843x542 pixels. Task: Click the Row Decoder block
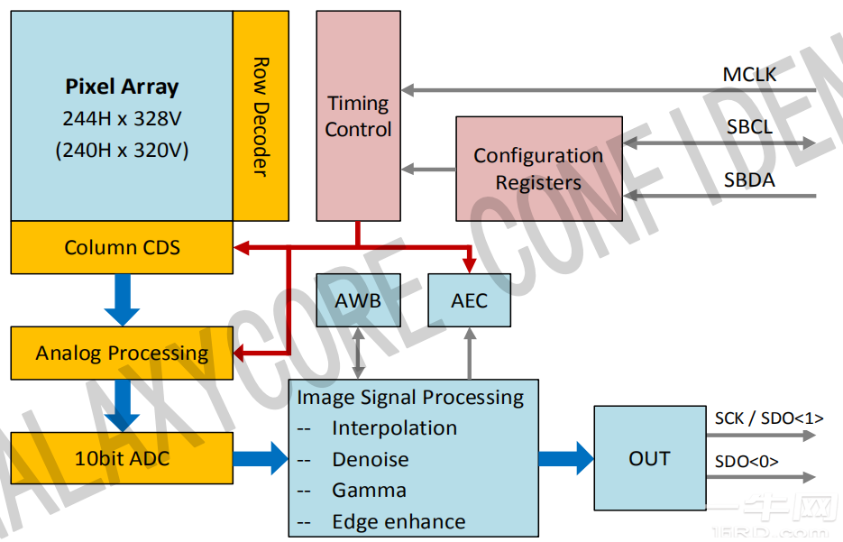click(261, 115)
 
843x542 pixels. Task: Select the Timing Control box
click(358, 115)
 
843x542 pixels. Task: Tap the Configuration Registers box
click(538, 169)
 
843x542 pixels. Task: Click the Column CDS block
click(122, 247)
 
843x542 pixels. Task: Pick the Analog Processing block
click(122, 353)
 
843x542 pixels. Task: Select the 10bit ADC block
click(122, 458)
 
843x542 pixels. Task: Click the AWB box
click(358, 300)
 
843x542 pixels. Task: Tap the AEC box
click(469, 300)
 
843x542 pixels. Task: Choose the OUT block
click(649, 458)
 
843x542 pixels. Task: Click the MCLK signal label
click(749, 74)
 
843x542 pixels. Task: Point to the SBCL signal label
click(749, 127)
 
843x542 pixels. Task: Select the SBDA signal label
click(749, 180)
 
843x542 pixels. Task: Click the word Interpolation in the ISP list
click(394, 428)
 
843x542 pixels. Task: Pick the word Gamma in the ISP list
click(369, 491)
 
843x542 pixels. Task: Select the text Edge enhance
click(399, 522)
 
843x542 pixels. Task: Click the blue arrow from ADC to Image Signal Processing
click(261, 458)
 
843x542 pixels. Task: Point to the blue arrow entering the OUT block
click(566, 458)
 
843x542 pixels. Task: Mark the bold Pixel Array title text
click(122, 87)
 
